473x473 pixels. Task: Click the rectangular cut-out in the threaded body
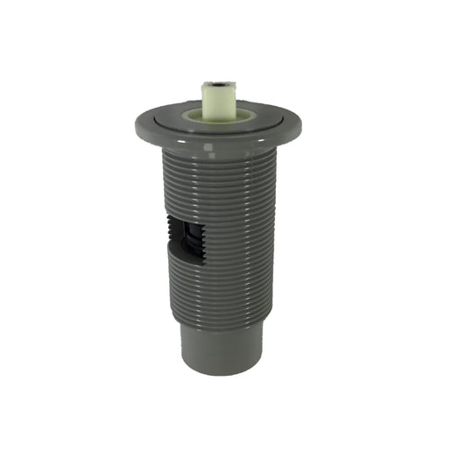(187, 236)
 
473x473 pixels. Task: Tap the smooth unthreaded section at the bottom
(220, 346)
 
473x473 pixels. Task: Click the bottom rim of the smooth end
(220, 371)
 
